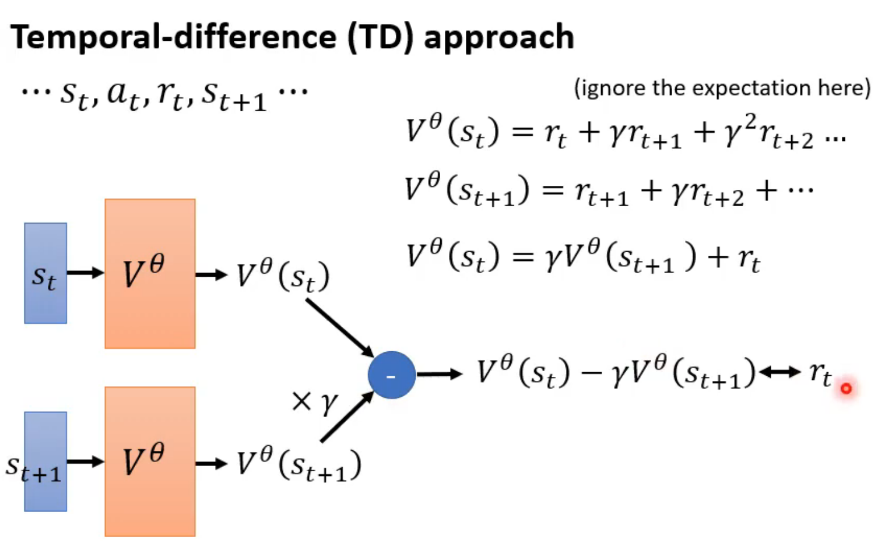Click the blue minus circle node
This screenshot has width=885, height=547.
pos(391,375)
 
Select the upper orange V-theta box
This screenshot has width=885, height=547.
pos(150,273)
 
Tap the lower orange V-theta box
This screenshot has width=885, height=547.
pos(150,461)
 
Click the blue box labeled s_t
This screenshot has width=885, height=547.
pos(45,273)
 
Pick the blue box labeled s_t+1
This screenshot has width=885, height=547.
pos(45,461)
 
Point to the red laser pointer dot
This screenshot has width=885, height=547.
pos(846,388)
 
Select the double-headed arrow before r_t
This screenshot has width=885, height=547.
pos(780,372)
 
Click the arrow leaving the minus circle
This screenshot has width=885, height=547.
pos(438,374)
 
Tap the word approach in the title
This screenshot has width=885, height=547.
pos(498,37)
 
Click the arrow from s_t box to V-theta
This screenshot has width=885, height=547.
pos(85,273)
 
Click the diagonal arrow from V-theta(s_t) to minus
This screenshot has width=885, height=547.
pos(340,327)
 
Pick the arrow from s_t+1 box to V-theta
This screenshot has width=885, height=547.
pos(85,461)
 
